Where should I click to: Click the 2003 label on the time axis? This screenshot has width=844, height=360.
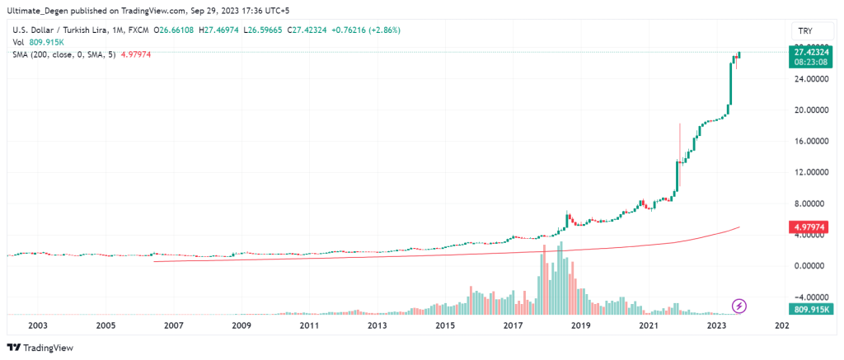36,326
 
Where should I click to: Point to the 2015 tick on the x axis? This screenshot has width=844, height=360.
445,326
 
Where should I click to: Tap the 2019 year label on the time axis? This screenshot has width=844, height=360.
581,326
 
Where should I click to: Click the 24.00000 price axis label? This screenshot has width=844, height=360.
804,79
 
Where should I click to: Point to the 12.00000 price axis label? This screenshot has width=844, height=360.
804,172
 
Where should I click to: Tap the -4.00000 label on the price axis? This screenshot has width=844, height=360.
804,297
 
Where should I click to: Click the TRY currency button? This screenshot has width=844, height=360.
806,31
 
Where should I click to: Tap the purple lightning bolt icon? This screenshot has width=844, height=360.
739,306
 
